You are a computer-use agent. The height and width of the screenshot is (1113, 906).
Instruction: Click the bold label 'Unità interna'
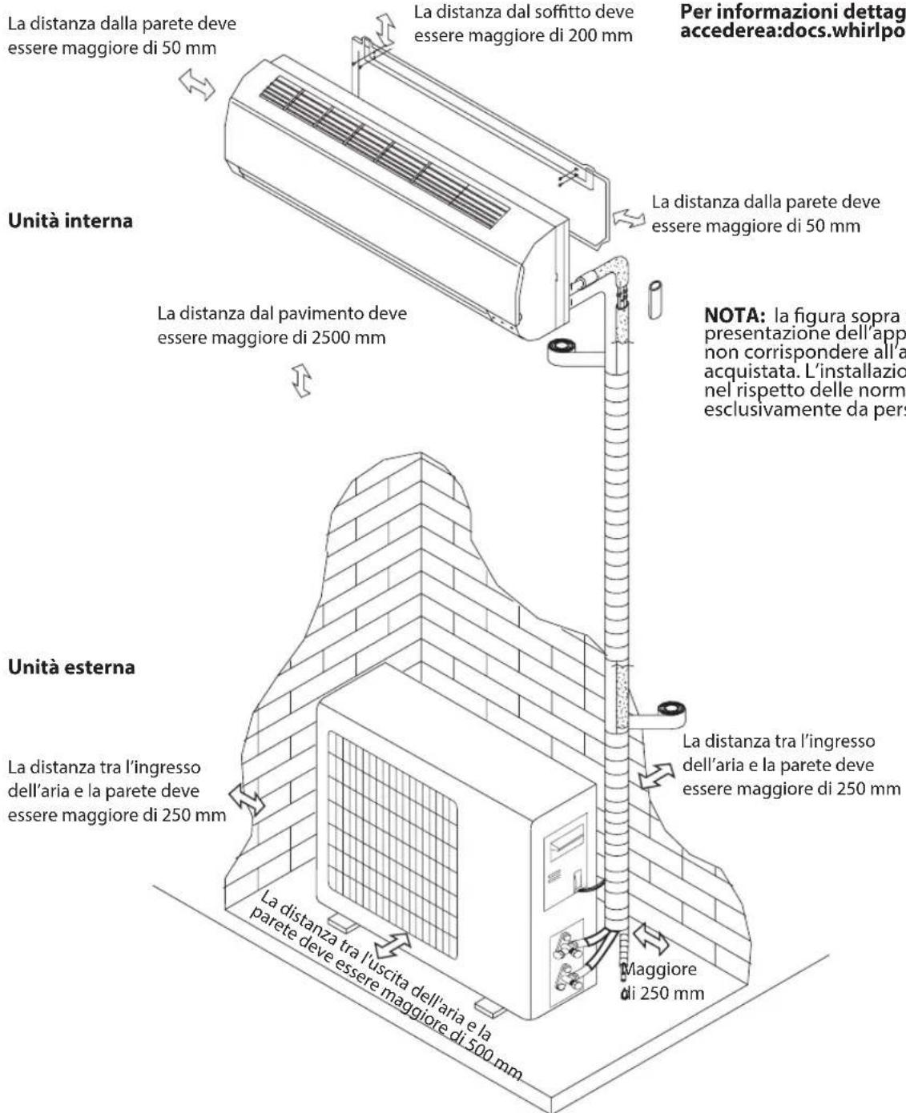(70, 221)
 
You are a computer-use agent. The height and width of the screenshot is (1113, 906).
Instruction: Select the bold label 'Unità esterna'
(71, 667)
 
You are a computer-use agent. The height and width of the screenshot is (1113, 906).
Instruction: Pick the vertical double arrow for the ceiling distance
(387, 27)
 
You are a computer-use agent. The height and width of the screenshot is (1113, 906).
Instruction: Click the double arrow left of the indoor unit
(197, 83)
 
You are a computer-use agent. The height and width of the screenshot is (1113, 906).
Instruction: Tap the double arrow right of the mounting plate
(629, 218)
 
